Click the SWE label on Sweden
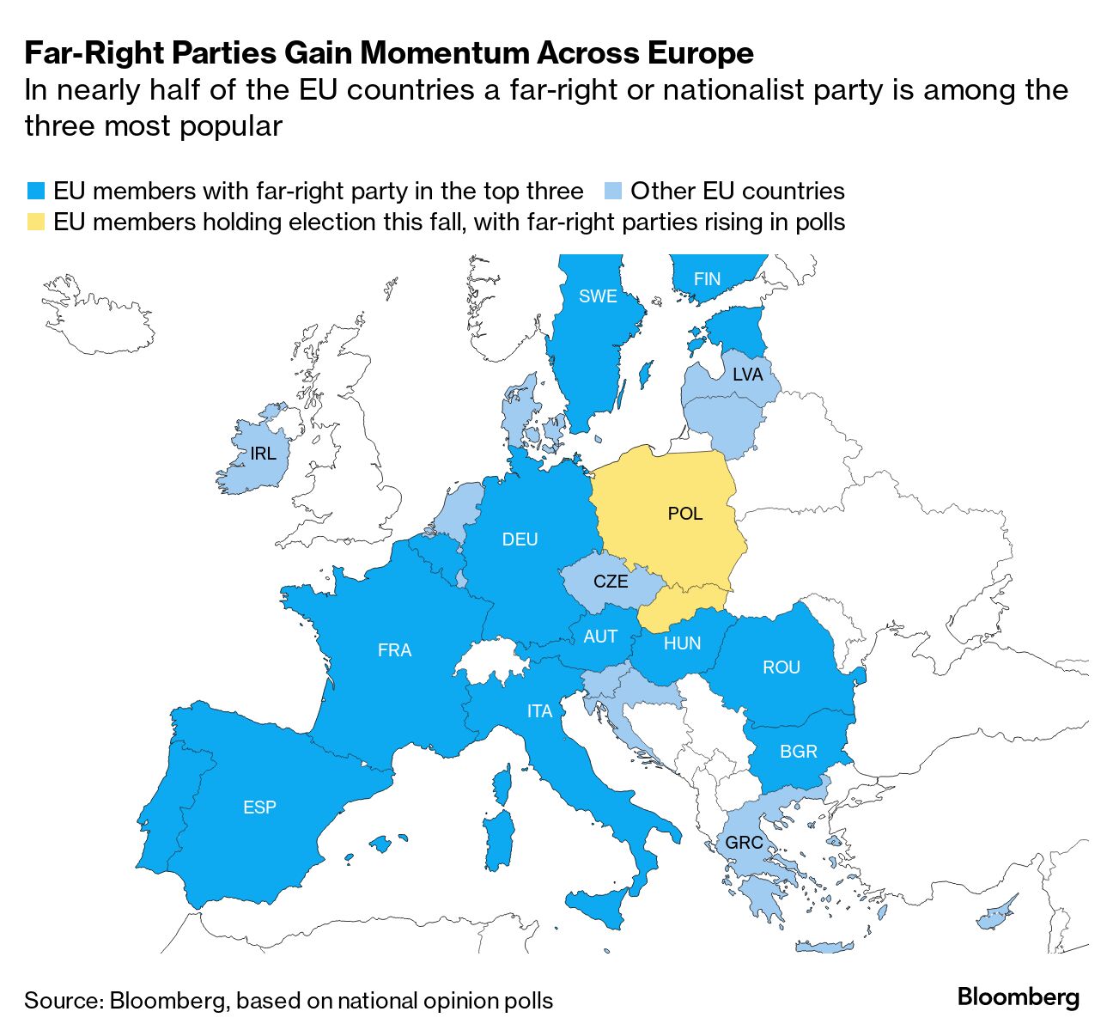(x=598, y=296)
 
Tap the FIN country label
(x=707, y=279)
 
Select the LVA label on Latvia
(x=747, y=375)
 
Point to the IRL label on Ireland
(x=263, y=454)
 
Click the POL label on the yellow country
(x=684, y=514)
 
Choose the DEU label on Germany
(x=520, y=539)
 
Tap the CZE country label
(x=611, y=582)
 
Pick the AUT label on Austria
(x=600, y=637)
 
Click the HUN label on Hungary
(x=682, y=643)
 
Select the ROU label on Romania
(x=781, y=667)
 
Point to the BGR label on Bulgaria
(x=798, y=752)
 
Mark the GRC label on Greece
(x=744, y=843)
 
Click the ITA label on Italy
(x=539, y=711)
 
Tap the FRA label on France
(x=394, y=650)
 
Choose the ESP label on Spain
(x=259, y=807)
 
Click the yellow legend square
(x=35, y=222)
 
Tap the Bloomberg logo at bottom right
(x=1018, y=997)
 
